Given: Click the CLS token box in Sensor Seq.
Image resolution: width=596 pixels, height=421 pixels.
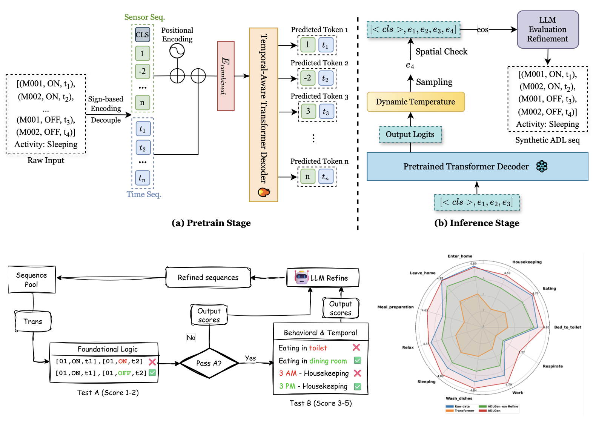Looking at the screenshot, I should (x=142, y=35).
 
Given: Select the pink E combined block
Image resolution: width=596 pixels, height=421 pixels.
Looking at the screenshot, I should (x=226, y=76).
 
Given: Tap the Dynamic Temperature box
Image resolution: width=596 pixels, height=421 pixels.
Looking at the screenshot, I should (x=416, y=102).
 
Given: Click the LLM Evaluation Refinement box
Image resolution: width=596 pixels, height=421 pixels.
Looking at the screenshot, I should (x=547, y=29).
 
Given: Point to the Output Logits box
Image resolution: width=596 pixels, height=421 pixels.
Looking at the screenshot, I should (x=410, y=134).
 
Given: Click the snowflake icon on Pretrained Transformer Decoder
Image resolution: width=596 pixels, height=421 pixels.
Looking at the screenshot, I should (x=542, y=166).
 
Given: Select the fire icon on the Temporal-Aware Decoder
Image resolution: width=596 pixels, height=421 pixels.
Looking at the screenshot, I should (x=264, y=192).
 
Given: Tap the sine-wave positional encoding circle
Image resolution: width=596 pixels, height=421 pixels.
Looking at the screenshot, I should (x=177, y=51).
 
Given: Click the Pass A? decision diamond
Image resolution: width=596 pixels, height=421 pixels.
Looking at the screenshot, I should (x=209, y=363).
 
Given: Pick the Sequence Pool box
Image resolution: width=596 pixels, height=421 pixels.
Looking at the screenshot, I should (x=32, y=280).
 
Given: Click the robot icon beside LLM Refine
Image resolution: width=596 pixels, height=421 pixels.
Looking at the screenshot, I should (x=301, y=277).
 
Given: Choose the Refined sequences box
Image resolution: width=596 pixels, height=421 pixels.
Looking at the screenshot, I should (x=208, y=278).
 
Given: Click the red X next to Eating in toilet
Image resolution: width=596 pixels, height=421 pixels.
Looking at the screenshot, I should (x=356, y=347).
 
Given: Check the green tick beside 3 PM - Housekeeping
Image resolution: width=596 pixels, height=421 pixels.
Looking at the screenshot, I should (x=358, y=387).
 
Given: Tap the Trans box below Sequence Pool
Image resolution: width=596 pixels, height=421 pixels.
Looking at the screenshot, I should (x=33, y=321).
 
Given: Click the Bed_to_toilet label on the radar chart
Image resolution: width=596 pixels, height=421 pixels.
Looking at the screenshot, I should (x=567, y=327).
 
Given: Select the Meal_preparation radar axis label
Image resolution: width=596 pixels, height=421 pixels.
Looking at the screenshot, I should (x=395, y=307).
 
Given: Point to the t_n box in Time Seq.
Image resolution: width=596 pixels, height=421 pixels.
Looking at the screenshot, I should (x=143, y=178).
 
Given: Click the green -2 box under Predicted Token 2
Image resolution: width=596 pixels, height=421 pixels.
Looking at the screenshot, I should (x=308, y=78).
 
